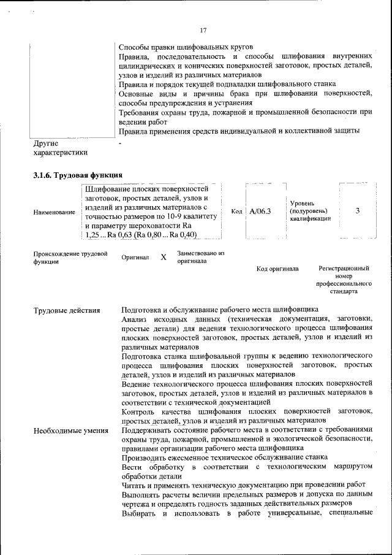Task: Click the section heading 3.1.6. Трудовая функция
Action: pyautogui.click(x=73, y=175)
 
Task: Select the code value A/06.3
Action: pyautogui.click(x=260, y=212)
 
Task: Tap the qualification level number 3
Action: pyautogui.click(x=357, y=211)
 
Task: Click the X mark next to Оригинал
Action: pyautogui.click(x=164, y=258)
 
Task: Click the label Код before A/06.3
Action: pyautogui.click(x=237, y=212)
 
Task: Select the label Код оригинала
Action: pyautogui.click(x=277, y=269)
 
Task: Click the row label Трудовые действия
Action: pyautogui.click(x=67, y=310)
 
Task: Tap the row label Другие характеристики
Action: pyautogui.click(x=60, y=148)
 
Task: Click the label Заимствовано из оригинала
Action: pyautogui.click(x=201, y=257)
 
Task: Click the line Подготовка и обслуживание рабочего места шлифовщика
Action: pyautogui.click(x=219, y=310)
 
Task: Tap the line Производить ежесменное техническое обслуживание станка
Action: pyautogui.click(x=224, y=457)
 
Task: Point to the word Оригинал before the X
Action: pyautogui.click(x=135, y=258)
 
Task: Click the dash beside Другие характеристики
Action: pyautogui.click(x=121, y=144)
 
